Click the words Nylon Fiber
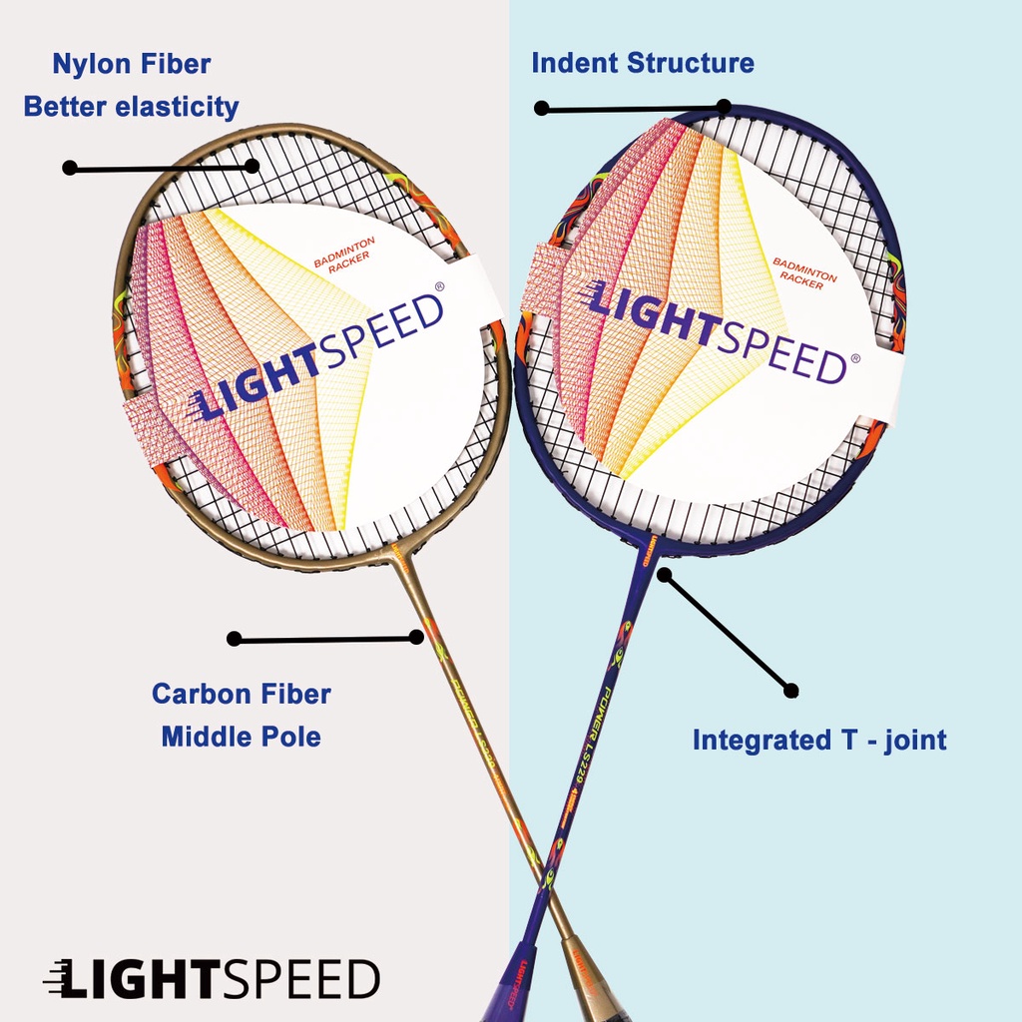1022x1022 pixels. point(132,65)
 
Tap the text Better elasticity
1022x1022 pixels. point(131,107)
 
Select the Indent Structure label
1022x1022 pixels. point(642,63)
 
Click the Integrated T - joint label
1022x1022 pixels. point(819,741)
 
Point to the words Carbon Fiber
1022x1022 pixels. point(241,694)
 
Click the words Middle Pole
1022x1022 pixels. point(241,738)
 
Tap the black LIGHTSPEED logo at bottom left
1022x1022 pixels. point(212,979)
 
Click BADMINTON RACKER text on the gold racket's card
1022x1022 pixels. point(341,250)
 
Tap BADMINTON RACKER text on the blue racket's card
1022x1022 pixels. point(804,274)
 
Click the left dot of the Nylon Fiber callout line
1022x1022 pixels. point(69,168)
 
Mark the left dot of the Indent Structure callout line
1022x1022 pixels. point(541,108)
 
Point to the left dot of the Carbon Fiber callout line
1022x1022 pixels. point(234,639)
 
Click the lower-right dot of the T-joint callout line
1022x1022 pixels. point(790,690)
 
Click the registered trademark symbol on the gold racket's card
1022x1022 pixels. point(440,287)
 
